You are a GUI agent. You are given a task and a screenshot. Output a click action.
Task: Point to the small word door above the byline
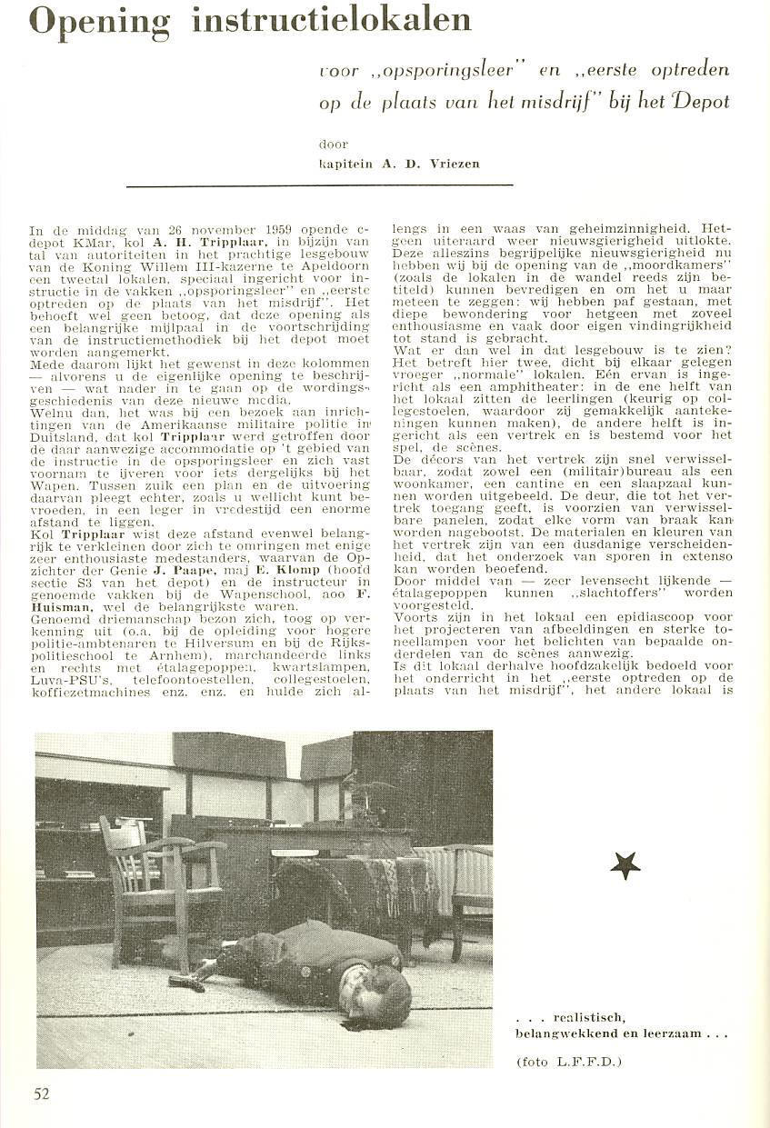pyautogui.click(x=333, y=144)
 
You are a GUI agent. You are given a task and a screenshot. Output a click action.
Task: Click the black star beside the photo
pyautogui.click(x=625, y=864)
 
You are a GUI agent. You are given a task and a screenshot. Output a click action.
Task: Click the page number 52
pyautogui.click(x=41, y=1093)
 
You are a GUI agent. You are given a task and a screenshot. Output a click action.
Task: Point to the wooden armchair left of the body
pyautogui.click(x=155, y=873)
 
